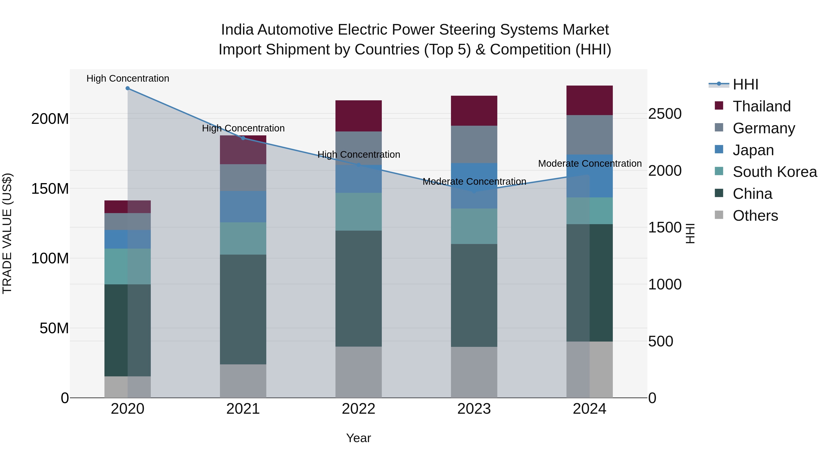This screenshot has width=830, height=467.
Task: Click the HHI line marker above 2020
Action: [127, 88]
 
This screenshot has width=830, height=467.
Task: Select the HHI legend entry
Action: [745, 84]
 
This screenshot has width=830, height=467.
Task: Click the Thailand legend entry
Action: [761, 106]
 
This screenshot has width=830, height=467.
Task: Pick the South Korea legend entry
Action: [775, 172]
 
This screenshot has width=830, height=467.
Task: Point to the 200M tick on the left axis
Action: [50, 119]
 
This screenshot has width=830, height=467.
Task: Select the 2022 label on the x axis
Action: [358, 409]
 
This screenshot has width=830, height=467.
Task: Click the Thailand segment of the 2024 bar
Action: [589, 100]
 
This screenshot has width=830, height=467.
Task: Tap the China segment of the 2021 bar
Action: [243, 309]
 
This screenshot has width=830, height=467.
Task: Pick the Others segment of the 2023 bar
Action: [474, 372]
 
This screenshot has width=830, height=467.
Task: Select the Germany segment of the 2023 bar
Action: [474, 144]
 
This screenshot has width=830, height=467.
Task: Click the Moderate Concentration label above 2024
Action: [590, 164]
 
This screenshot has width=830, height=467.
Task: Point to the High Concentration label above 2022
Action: [359, 155]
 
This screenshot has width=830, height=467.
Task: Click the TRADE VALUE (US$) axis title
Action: [7, 233]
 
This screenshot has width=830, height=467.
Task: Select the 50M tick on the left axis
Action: [54, 328]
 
